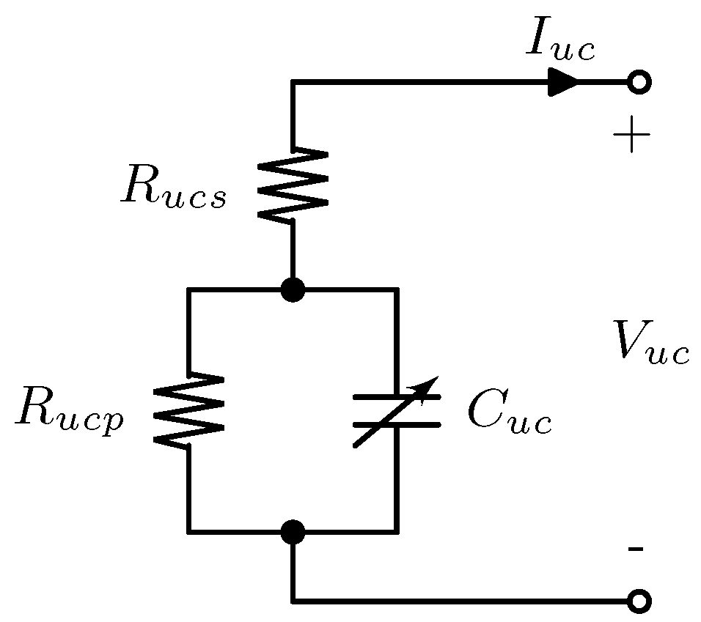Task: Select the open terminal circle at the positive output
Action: click(639, 83)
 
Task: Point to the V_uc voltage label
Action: click(651, 344)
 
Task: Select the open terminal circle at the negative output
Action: click(639, 601)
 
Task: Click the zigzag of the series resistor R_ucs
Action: click(293, 185)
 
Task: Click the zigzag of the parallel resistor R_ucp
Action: click(188, 409)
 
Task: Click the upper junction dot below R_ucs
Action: click(293, 290)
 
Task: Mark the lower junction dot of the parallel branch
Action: click(293, 532)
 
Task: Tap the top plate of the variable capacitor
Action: click(397, 397)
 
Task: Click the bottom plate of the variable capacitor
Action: click(397, 424)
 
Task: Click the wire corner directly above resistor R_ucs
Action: click(293, 83)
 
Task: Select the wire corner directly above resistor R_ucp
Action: click(189, 290)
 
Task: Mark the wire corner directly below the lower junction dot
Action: click(293, 601)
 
